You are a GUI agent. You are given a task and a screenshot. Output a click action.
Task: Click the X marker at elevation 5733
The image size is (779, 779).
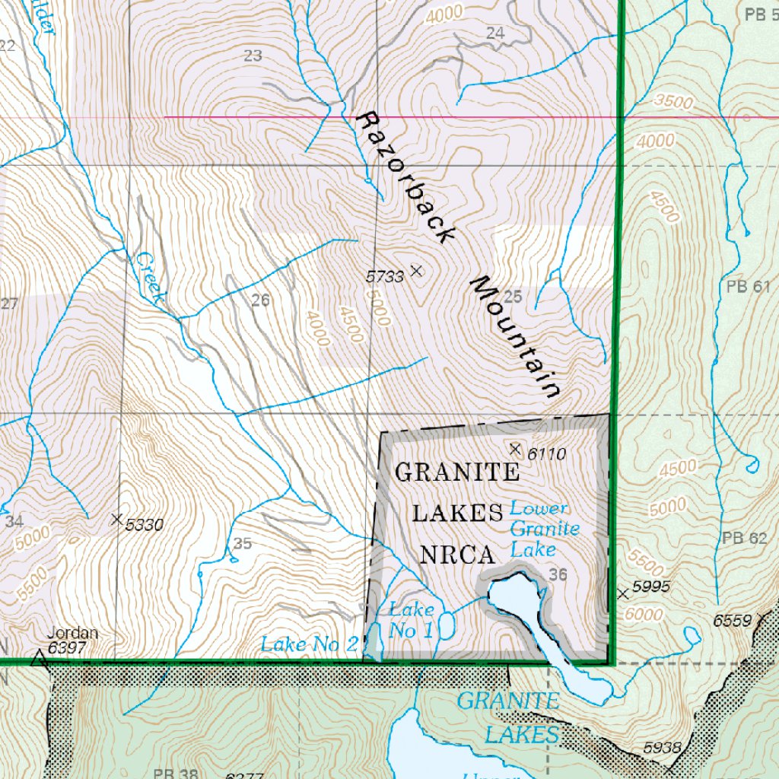point(416,270)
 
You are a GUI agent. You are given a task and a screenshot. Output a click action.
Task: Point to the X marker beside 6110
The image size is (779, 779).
point(515,449)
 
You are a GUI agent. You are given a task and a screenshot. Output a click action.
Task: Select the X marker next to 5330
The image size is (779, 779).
point(116,520)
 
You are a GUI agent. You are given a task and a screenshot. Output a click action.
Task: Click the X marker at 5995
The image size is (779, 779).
point(624,593)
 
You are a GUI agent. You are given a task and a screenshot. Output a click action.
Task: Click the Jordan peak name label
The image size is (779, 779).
point(72,633)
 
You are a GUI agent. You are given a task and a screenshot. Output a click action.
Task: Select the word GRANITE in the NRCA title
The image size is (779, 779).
point(457,472)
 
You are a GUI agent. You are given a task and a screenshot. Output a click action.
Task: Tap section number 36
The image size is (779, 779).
point(558,575)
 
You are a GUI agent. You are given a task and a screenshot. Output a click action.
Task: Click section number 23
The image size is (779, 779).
point(253,55)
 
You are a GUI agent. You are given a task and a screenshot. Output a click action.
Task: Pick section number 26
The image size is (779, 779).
point(260,300)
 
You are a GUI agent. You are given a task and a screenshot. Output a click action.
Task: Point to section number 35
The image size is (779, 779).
point(243,544)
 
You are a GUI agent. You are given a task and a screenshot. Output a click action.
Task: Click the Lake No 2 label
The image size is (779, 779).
point(308,644)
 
